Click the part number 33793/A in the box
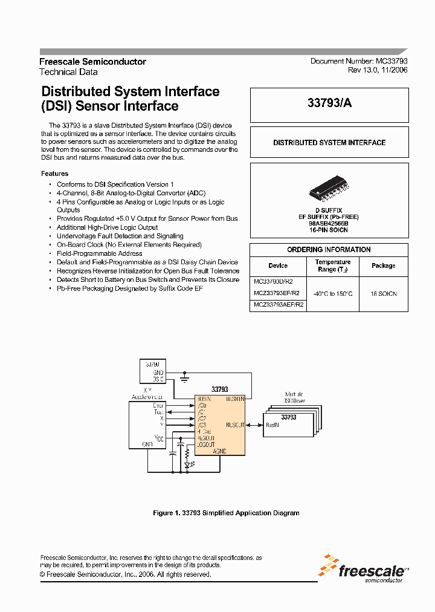(329, 103)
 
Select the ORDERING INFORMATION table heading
(329, 250)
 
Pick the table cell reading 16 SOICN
(384, 293)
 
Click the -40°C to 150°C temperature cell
(332, 293)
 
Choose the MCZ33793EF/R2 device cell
(277, 293)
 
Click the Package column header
(384, 265)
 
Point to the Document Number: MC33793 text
(359, 61)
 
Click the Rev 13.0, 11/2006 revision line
(378, 70)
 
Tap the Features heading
(54, 174)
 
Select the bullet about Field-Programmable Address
(99, 253)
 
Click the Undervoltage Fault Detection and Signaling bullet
(120, 236)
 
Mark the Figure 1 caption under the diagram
(226, 513)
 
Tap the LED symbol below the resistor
(187, 464)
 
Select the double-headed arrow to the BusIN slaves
(254, 425)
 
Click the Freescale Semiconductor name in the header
(92, 62)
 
